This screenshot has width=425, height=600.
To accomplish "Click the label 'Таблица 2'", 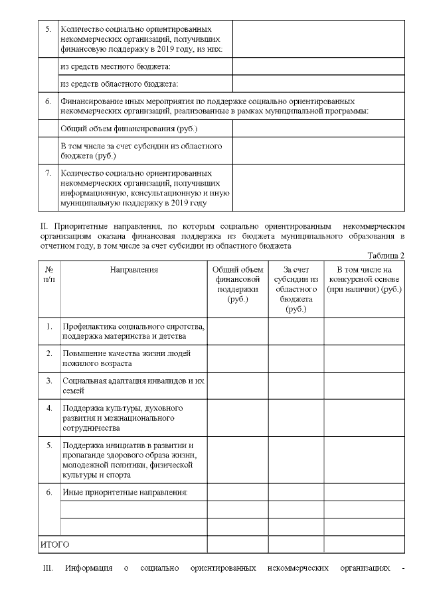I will [x=385, y=255].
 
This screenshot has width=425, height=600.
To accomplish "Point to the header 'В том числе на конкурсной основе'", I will [x=364, y=280].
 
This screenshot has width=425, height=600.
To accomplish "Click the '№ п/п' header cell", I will [x=49, y=274].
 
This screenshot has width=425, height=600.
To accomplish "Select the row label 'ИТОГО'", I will [x=55, y=544].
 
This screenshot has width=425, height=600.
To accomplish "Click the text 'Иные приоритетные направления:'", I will [x=125, y=493].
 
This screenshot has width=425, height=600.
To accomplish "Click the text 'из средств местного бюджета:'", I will [x=115, y=67].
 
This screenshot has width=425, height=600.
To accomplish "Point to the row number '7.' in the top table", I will [x=48, y=173].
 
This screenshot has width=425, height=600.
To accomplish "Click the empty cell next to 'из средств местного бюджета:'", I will [x=318, y=67].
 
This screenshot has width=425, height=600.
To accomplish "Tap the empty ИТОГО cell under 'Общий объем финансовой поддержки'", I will [x=237, y=544].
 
